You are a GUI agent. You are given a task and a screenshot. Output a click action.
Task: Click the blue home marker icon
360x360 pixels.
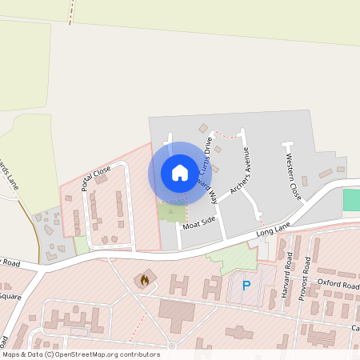179,173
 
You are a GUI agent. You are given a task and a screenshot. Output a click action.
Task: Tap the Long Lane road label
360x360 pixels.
272,232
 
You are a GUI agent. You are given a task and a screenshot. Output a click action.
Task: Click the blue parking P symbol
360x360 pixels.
246,286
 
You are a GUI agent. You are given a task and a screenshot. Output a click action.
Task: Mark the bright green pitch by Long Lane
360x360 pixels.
351,200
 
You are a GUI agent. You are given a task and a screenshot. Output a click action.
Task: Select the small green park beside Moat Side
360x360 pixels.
170,212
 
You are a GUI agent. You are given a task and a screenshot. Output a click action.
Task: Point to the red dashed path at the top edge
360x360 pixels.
72,11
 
